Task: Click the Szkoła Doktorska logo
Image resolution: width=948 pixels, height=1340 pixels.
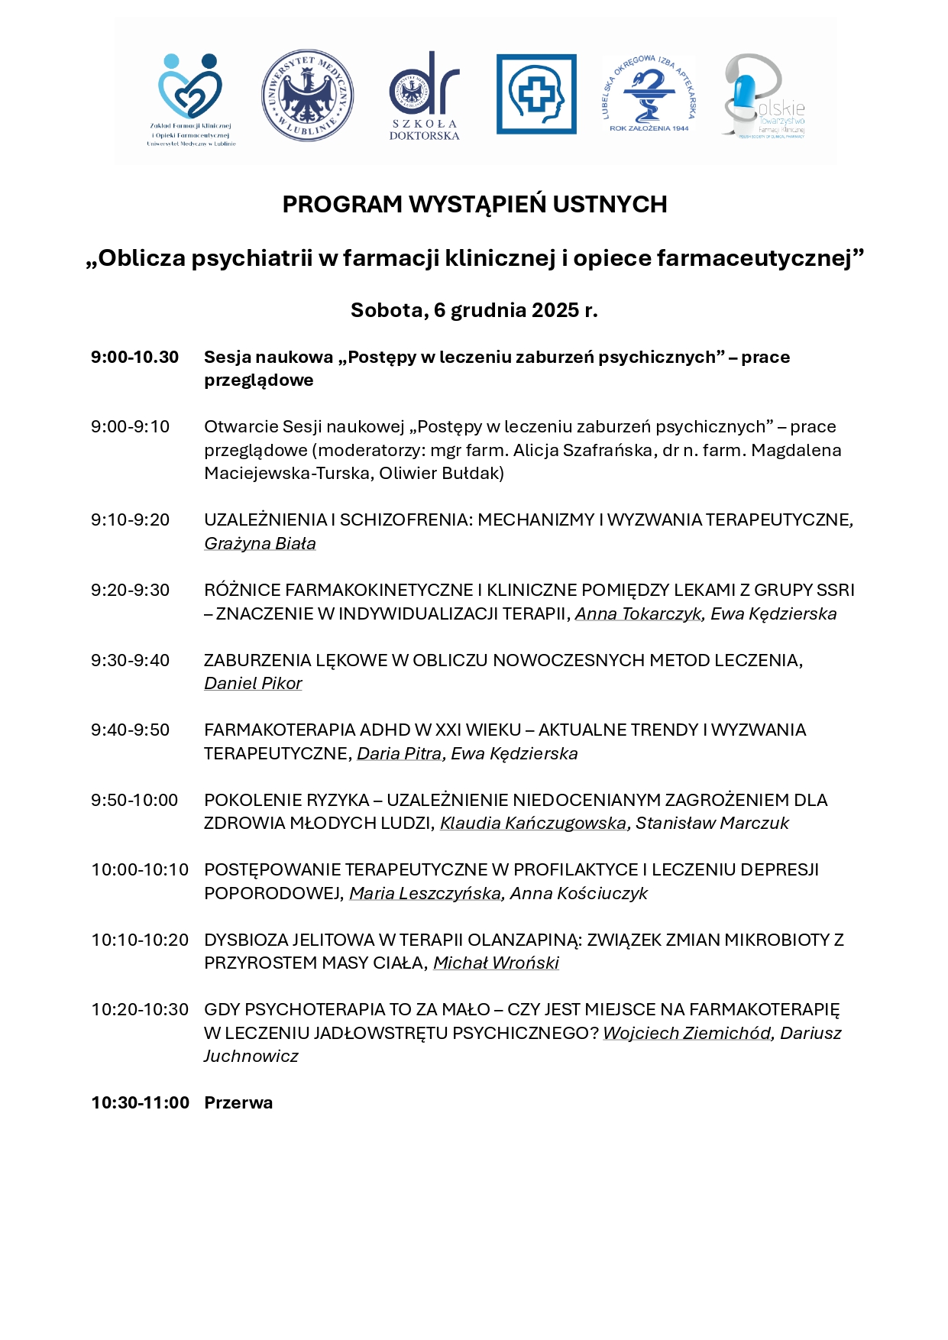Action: (x=425, y=95)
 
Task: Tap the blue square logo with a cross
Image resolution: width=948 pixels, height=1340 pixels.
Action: (x=536, y=94)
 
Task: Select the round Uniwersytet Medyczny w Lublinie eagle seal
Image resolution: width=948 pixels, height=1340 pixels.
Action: (x=307, y=95)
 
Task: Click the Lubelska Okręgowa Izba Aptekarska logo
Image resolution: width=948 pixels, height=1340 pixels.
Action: (x=649, y=94)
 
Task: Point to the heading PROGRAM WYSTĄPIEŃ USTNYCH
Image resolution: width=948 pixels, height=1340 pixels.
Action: (x=474, y=204)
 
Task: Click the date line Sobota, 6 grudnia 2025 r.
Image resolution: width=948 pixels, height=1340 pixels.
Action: (x=474, y=310)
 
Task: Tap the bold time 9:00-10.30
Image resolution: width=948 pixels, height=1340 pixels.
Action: (x=134, y=358)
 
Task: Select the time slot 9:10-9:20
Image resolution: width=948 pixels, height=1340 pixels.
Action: (x=130, y=520)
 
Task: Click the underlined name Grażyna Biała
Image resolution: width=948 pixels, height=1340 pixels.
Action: (x=260, y=543)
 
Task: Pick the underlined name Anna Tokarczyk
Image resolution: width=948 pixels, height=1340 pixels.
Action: (x=638, y=613)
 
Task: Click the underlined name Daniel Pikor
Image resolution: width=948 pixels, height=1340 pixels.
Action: (x=253, y=683)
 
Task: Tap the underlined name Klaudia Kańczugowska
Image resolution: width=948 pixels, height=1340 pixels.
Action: (x=533, y=823)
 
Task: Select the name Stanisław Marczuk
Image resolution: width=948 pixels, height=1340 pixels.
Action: (x=712, y=823)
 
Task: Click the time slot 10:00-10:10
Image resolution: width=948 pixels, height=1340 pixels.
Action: (x=140, y=870)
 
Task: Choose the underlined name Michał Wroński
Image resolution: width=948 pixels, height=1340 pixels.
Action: (x=496, y=963)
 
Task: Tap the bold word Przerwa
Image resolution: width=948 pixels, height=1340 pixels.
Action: (x=238, y=1102)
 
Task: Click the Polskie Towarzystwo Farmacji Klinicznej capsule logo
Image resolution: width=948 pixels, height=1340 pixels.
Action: (x=763, y=95)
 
